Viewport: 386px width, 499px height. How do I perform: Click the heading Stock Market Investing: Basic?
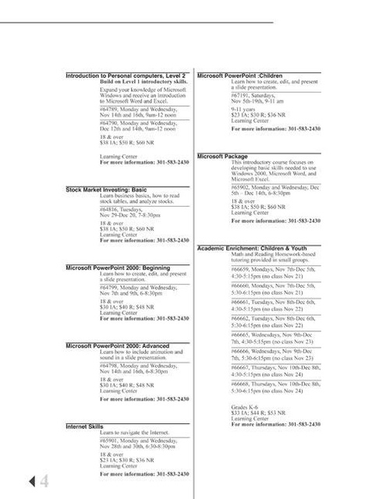106,189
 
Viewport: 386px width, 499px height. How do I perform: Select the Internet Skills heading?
84,426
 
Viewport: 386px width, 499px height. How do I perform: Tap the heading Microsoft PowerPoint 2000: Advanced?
117,345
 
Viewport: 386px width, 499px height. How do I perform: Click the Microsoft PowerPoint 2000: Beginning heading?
117,267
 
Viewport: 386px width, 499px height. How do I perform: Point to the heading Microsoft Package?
222,156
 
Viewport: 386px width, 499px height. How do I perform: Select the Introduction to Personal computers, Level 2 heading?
127,76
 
